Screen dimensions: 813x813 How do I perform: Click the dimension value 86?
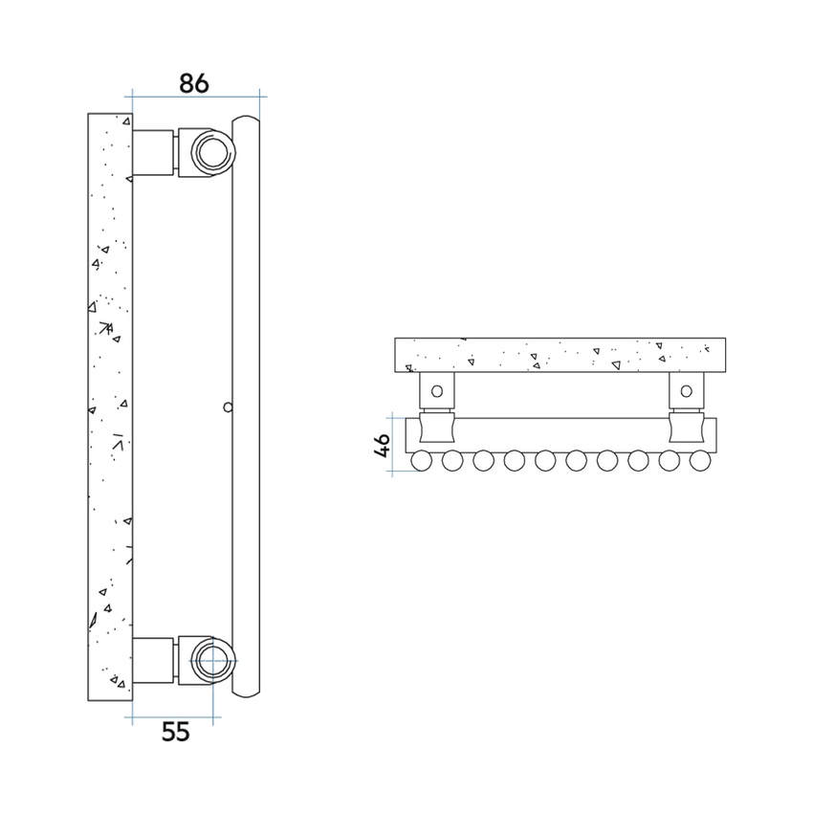(194, 82)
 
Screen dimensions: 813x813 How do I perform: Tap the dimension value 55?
(175, 732)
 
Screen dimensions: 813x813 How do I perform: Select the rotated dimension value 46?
(382, 446)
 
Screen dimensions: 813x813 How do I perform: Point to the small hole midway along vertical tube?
(227, 406)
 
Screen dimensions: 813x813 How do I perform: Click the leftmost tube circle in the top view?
(422, 461)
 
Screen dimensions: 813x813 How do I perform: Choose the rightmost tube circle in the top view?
(700, 461)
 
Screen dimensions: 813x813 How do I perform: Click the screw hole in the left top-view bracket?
(436, 390)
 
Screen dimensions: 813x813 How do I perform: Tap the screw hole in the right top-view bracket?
(686, 390)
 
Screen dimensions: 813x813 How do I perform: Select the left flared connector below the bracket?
(436, 427)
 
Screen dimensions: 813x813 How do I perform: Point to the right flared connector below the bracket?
(686, 427)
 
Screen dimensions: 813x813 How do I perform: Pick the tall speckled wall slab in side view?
(109, 406)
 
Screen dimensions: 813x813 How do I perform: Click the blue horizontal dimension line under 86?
(196, 96)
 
